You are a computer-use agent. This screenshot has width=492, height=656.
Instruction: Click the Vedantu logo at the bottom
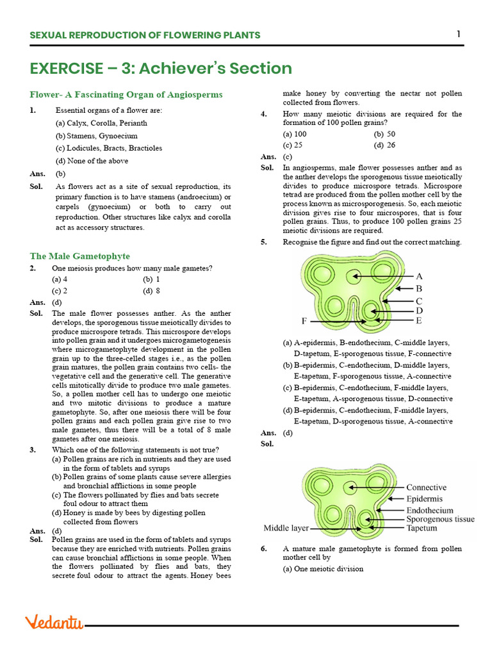tap(54, 622)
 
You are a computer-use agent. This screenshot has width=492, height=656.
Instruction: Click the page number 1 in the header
tap(459, 34)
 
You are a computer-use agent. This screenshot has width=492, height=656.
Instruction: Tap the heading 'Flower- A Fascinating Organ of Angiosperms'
tap(126, 95)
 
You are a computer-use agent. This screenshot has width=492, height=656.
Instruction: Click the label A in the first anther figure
tap(419, 276)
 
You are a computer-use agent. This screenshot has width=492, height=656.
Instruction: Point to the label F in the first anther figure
tap(304, 320)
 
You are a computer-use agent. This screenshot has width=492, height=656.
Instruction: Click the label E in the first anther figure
tap(419, 320)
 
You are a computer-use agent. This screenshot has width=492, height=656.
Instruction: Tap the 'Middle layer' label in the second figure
tap(286, 529)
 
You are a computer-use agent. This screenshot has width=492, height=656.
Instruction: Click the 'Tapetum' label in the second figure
tap(422, 529)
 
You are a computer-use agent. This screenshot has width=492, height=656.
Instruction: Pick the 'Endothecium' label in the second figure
tap(429, 510)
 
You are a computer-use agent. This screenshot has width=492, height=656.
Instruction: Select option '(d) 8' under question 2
tap(151, 290)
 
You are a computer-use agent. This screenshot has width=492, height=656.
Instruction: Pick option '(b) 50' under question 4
tap(384, 134)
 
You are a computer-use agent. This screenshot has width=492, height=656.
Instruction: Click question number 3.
tap(33, 450)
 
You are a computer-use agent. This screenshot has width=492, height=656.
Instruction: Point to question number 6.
tap(264, 549)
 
